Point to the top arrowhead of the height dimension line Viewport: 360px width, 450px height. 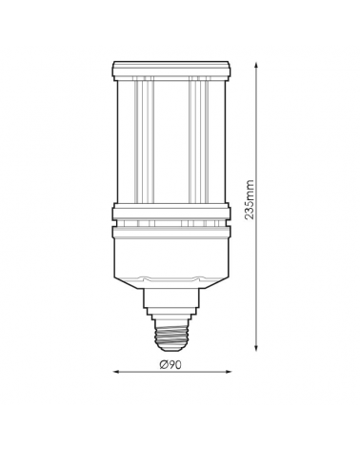tap(259, 66)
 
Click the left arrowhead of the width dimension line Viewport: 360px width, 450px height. tap(116, 374)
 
